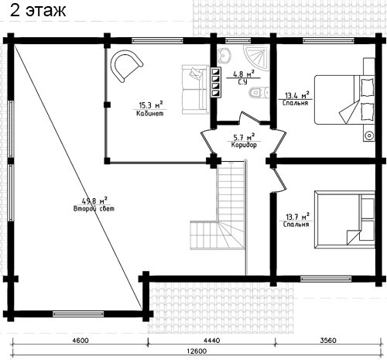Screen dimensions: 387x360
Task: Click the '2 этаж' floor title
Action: coord(38,11)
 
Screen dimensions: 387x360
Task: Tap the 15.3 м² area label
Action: coord(151,105)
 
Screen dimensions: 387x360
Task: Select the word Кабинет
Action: coord(150,113)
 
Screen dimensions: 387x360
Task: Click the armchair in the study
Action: coord(126,66)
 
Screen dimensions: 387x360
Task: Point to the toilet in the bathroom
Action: coord(259,92)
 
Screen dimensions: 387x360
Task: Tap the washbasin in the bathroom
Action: coord(224,56)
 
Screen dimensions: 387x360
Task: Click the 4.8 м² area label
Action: coord(243,74)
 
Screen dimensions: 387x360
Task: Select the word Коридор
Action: coord(244,145)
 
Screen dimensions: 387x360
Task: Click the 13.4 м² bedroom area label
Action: coord(297,95)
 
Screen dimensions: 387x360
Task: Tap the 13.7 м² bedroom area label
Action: coord(297,216)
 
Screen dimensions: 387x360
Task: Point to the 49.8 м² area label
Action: coord(94,201)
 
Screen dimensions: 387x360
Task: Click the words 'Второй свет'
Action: coord(94,208)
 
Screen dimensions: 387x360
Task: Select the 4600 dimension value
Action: coord(80,341)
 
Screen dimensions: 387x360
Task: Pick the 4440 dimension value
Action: coord(212,341)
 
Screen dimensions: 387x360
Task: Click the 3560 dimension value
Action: coord(328,341)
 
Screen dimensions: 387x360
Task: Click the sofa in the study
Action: coord(195,89)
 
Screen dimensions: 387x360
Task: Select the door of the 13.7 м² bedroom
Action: coord(279,180)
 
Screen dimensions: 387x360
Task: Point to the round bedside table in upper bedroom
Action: coord(369,135)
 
